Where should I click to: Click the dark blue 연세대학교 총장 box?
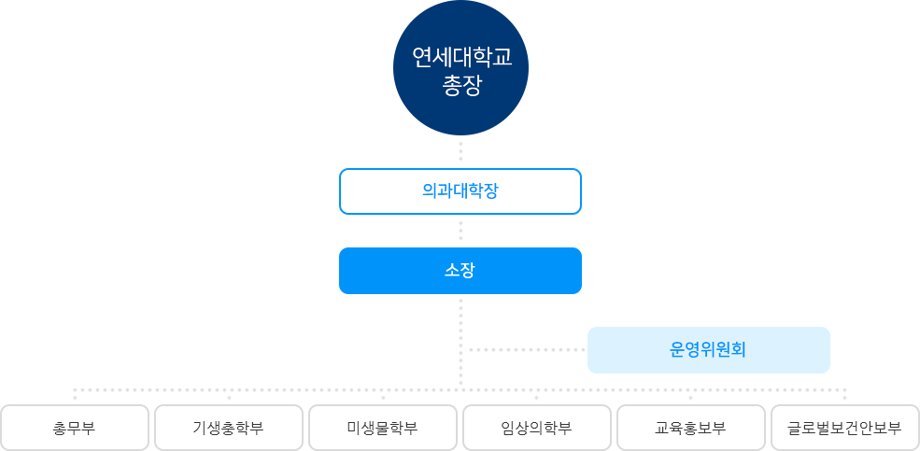[460, 67]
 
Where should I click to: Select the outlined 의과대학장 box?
[460, 191]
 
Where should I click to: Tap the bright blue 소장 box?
[460, 271]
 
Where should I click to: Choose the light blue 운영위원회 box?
[708, 350]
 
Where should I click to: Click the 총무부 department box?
[75, 428]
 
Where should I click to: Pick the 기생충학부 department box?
[229, 428]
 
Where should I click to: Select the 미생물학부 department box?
[383, 428]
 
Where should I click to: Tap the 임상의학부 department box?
[537, 428]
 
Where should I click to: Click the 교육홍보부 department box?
[691, 428]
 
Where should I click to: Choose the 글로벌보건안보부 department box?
[845, 428]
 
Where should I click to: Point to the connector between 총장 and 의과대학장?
[460, 151]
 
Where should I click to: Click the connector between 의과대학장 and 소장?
[460, 230]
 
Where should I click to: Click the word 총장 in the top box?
[460, 87]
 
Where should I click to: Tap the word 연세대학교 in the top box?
[461, 58]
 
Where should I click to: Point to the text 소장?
[460, 271]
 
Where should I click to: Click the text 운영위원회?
[708, 350]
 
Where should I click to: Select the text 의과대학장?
[460, 191]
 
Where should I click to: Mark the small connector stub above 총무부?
[75, 395]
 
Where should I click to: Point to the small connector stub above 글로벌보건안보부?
[844, 395]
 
